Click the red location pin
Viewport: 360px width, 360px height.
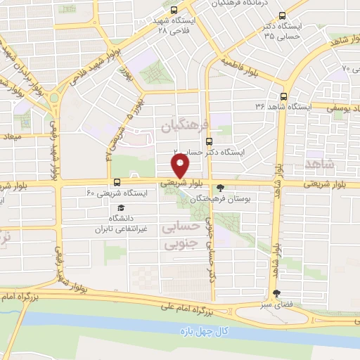pos(181,166)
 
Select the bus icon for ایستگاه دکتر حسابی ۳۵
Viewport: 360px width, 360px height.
pos(282,16)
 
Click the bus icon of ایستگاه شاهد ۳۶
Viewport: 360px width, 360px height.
pos(284,96)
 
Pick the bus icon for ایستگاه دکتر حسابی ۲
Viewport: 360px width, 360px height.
pos(208,141)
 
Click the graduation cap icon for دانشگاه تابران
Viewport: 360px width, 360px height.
pos(121,208)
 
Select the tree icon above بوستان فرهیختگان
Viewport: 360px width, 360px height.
pos(222,188)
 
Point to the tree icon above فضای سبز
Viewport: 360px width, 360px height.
pos(274,295)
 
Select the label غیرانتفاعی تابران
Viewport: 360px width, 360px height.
pos(123,229)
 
